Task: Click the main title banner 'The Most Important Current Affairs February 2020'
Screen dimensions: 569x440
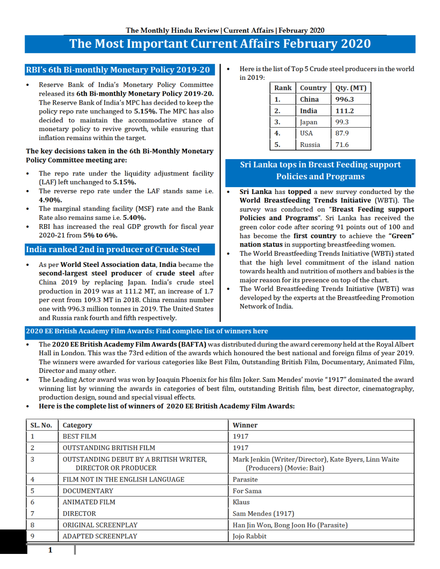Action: point(220,44)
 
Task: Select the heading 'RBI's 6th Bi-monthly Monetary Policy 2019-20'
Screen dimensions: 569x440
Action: point(118,70)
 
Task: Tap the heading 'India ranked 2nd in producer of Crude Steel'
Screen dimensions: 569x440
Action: point(113,250)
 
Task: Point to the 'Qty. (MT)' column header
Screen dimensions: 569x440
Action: point(351,88)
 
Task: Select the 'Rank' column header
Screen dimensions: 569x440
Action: point(283,88)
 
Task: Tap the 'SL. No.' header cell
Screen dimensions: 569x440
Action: point(41,425)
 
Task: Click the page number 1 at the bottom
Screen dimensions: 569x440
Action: point(50,550)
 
